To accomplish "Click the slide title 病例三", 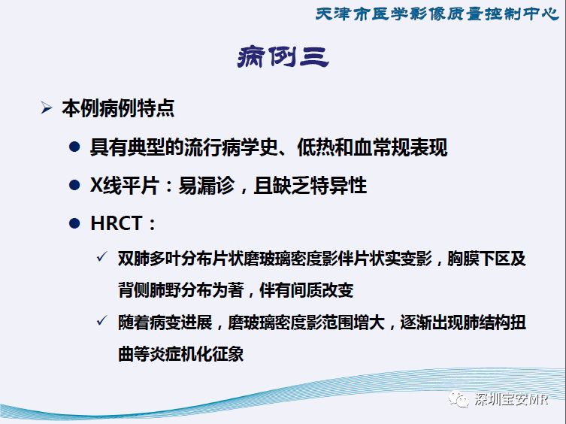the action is pyautogui.click(x=283, y=57).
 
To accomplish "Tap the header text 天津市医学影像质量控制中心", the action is pyautogui.click(x=437, y=14).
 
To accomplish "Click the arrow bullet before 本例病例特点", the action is pyautogui.click(x=46, y=108).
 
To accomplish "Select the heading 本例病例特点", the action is pyautogui.click(x=118, y=108).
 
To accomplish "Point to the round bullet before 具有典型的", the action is pyautogui.click(x=74, y=147).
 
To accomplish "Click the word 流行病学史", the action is pyautogui.click(x=231, y=147).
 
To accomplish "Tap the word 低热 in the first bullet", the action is pyautogui.click(x=316, y=147).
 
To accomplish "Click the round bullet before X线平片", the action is pyautogui.click(x=74, y=185).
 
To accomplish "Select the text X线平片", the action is pyautogui.click(x=125, y=185).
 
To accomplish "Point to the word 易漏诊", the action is pyautogui.click(x=207, y=185).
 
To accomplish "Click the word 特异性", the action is pyautogui.click(x=338, y=185).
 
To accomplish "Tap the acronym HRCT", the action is pyautogui.click(x=117, y=223).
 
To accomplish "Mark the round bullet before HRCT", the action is pyautogui.click(x=74, y=223).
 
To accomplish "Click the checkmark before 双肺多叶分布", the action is pyautogui.click(x=102, y=257).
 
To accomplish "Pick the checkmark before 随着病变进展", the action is pyautogui.click(x=102, y=320).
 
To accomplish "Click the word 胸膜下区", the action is pyautogui.click(x=478, y=259).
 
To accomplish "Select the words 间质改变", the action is pyautogui.click(x=322, y=290).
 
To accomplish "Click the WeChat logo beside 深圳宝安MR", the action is pyautogui.click(x=459, y=399).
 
